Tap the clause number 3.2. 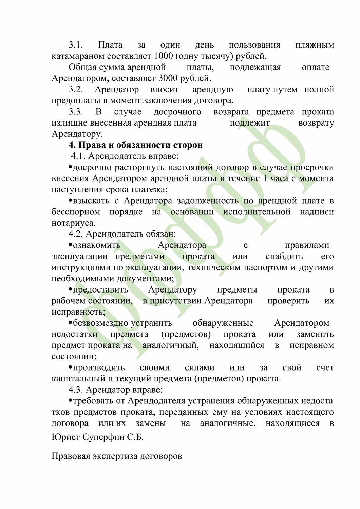point(76,90)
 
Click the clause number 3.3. point(76,112)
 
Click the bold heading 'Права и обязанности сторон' point(136,145)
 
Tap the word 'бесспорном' point(76,212)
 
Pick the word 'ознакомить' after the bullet point(97,245)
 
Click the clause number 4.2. point(76,234)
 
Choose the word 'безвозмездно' point(100,323)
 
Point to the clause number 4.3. point(76,390)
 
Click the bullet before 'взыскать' point(70,200)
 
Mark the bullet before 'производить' point(70,367)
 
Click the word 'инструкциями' point(81,267)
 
